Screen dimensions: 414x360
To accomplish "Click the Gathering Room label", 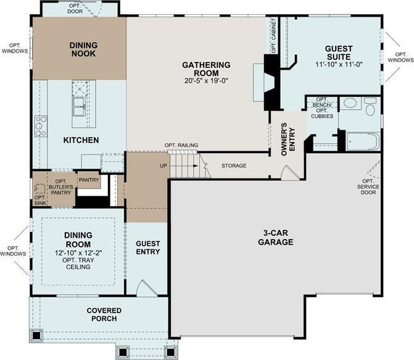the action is tap(206, 69).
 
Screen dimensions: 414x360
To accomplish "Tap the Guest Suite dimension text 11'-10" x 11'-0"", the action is tap(339, 64).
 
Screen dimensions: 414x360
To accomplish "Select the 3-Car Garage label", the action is tap(275, 237).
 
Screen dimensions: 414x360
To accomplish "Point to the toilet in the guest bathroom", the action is tap(370, 106).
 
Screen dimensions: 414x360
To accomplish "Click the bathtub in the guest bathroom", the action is tap(363, 141).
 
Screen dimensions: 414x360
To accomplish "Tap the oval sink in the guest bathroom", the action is tap(350, 103).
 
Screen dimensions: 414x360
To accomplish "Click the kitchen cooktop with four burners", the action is tap(41, 126).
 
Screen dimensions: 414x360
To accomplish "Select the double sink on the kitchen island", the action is tap(79, 107).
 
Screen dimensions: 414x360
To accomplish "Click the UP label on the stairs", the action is tap(164, 165).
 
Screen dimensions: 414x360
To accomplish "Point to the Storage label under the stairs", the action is tap(234, 165).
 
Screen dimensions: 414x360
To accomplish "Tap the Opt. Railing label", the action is tap(181, 145).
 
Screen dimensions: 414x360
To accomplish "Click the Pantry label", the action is tap(89, 180).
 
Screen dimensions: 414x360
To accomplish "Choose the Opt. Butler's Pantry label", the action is tap(61, 187).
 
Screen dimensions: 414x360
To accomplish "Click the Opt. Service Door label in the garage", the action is tap(368, 186).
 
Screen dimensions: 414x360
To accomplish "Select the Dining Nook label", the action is tap(83, 49).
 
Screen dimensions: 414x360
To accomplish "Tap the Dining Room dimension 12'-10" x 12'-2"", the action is tap(78, 253).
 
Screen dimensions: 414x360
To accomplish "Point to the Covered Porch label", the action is tap(104, 314).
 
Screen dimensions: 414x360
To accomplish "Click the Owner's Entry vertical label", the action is tap(288, 140).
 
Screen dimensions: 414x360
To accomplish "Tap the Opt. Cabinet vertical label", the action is tap(273, 35).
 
